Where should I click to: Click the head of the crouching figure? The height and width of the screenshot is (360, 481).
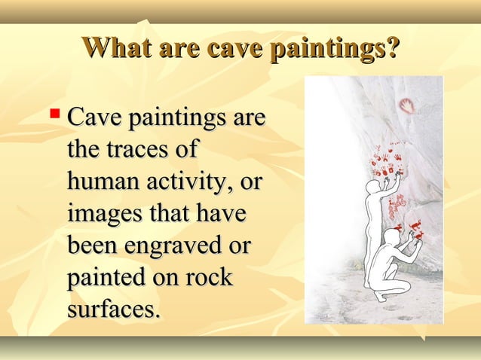(x=388, y=239)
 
